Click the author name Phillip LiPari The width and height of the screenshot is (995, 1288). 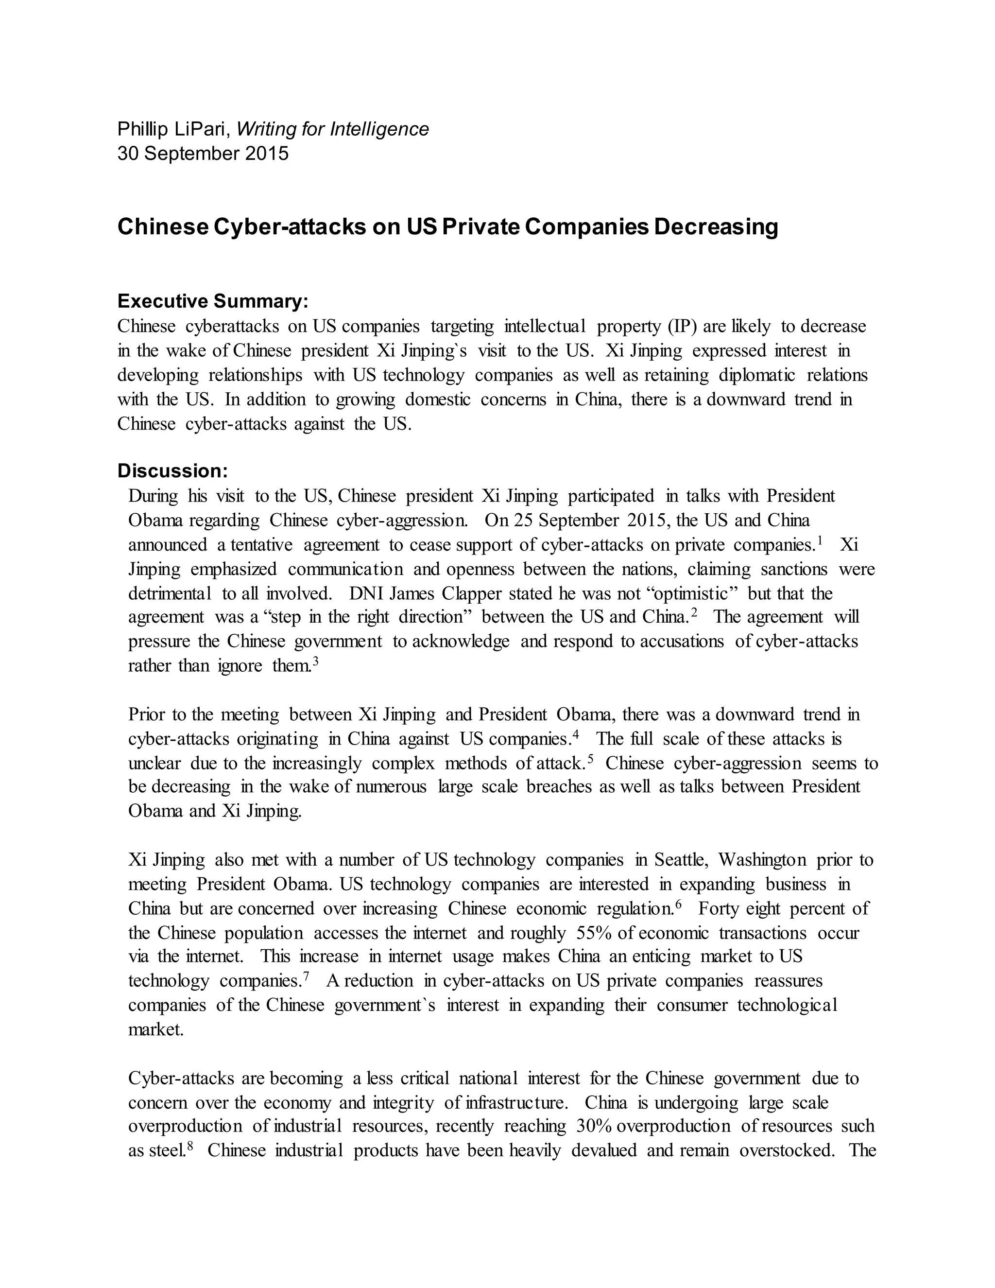click(x=172, y=129)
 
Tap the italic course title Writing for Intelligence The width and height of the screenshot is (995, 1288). click(x=332, y=129)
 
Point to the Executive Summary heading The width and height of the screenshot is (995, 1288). click(x=213, y=301)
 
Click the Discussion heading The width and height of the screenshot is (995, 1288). click(x=172, y=470)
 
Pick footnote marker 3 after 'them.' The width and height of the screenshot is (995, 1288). click(x=315, y=661)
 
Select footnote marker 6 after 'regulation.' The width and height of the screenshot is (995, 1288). click(x=678, y=904)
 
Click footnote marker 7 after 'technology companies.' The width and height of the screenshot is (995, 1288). click(x=306, y=976)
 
